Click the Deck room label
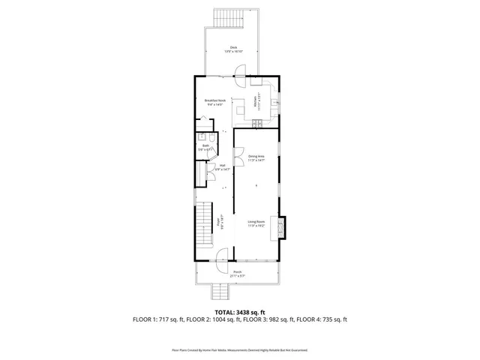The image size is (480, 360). pos(235,49)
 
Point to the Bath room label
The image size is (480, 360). pos(205,148)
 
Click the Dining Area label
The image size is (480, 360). pos(257,157)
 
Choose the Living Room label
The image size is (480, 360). pos(257,223)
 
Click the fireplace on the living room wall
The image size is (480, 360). pos(282,226)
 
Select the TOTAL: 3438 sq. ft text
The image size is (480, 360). pos(240,312)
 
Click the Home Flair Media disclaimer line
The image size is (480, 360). pos(240,349)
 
